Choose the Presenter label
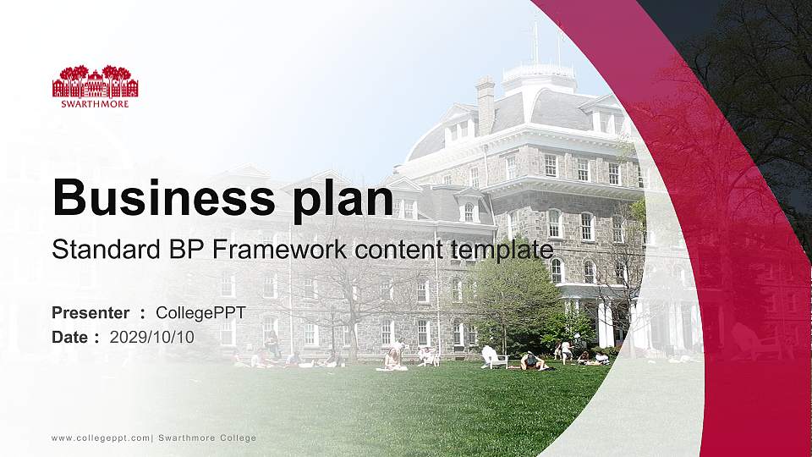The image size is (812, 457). coord(91,313)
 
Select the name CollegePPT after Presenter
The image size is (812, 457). coord(200,313)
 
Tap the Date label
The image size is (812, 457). coord(70,337)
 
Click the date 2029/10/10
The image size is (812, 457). coord(151,337)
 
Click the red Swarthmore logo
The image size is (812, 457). coord(96,82)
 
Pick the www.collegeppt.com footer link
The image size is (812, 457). coord(101,438)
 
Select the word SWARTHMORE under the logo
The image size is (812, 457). coord(96,103)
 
